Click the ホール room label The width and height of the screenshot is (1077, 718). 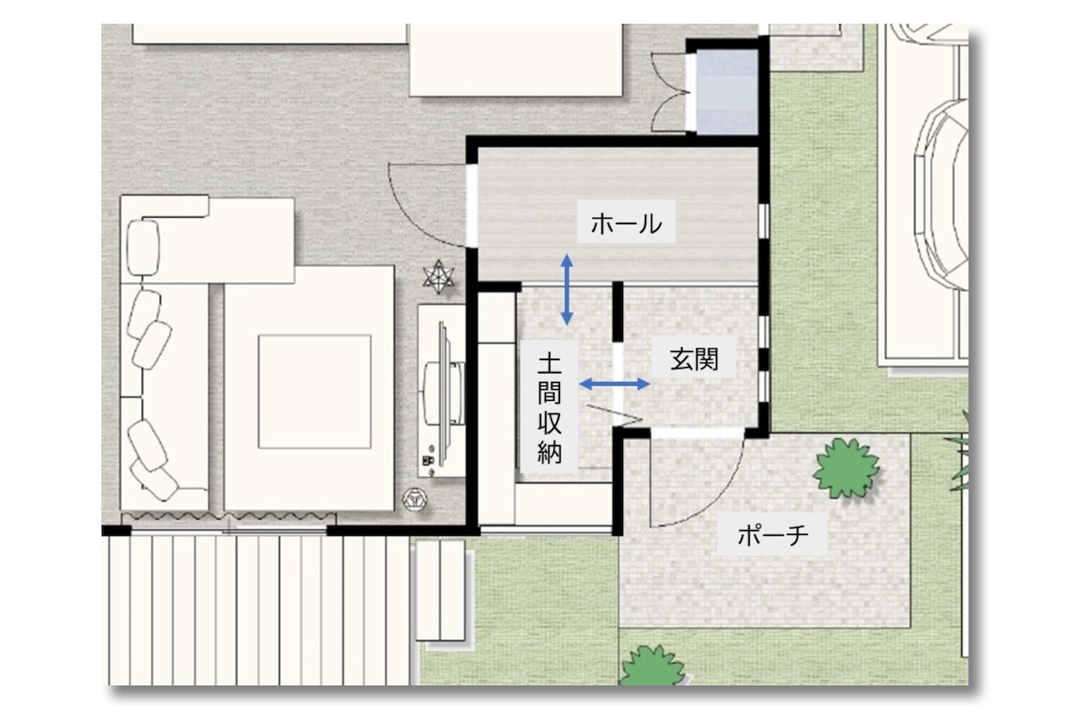click(626, 224)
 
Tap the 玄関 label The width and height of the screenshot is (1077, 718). click(694, 359)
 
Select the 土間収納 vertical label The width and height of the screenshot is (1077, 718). click(549, 408)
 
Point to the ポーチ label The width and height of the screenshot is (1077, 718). click(773, 535)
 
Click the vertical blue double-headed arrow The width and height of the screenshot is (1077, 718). click(567, 290)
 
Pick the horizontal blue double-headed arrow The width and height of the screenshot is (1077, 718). click(615, 383)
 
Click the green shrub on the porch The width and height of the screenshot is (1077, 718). click(846, 468)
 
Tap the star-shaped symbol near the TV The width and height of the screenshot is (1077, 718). click(438, 277)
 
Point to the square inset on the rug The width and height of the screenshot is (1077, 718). click(315, 392)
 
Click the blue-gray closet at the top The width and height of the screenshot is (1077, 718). click(727, 91)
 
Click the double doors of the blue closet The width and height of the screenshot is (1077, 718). click(669, 91)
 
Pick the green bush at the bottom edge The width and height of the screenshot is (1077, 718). click(653, 666)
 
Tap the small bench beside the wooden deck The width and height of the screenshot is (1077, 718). click(441, 590)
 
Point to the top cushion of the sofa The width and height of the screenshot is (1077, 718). click(142, 248)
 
